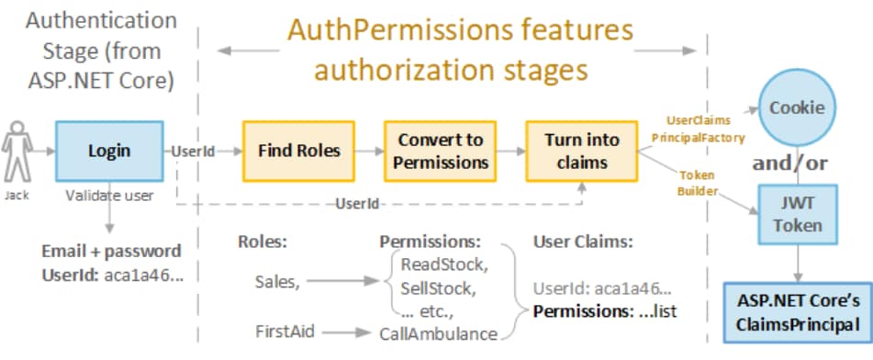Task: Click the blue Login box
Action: [108, 150]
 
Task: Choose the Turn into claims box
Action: [582, 151]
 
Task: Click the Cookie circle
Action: [797, 107]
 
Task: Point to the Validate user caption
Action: [107, 196]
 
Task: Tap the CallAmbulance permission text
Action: [439, 334]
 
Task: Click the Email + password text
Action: [110, 250]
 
